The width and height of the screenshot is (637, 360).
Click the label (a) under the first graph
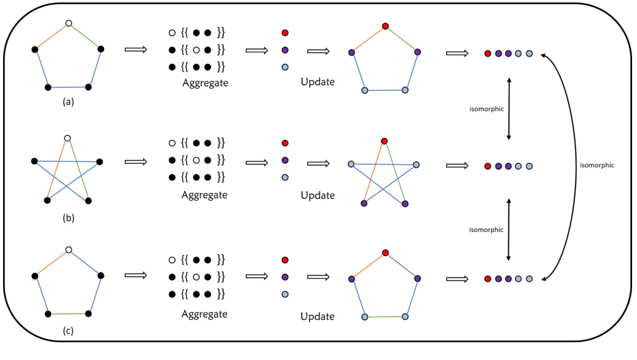pyautogui.click(x=68, y=102)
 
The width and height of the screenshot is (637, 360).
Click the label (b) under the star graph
pyautogui.click(x=68, y=217)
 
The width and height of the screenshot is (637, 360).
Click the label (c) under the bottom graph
pyautogui.click(x=68, y=331)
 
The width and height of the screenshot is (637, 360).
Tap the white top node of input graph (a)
pyautogui.click(x=69, y=23)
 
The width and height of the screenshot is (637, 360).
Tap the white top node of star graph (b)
pyautogui.click(x=68, y=138)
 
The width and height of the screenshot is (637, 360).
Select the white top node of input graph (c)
pyautogui.click(x=69, y=250)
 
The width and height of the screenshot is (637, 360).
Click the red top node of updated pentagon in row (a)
pyautogui.click(x=385, y=26)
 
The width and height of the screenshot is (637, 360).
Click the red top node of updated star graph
pyautogui.click(x=384, y=141)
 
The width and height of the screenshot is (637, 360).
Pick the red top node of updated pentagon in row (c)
pyautogui.click(x=385, y=253)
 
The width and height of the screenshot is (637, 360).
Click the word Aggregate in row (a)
pyautogui.click(x=204, y=82)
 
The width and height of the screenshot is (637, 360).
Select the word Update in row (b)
pyautogui.click(x=318, y=196)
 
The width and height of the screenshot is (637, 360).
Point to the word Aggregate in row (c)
pyautogui.click(x=204, y=314)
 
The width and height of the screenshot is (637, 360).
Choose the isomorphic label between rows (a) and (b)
pyautogui.click(x=486, y=110)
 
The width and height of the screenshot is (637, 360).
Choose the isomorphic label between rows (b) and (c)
pyautogui.click(x=486, y=230)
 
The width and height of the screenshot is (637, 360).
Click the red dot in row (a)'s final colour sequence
pyautogui.click(x=487, y=54)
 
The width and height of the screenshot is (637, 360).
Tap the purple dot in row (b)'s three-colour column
pyautogui.click(x=284, y=161)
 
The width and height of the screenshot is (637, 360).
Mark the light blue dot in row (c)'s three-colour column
pyautogui.click(x=284, y=294)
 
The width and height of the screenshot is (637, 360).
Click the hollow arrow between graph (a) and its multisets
pyautogui.click(x=135, y=49)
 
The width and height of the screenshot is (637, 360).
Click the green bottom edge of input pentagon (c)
pyautogui.click(x=68, y=314)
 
